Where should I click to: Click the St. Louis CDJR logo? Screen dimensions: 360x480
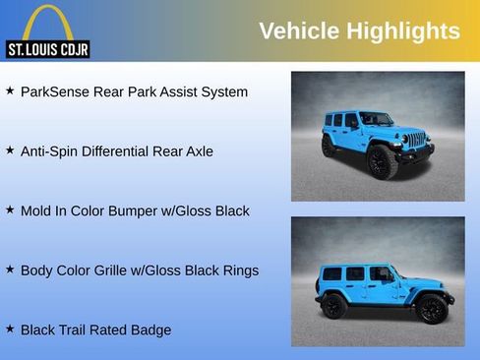(47, 31)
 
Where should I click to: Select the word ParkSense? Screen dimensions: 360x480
(56, 91)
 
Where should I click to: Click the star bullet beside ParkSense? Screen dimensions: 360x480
(10, 90)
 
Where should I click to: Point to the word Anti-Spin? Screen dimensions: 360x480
(50, 151)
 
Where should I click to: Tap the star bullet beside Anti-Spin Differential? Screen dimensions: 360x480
(10, 150)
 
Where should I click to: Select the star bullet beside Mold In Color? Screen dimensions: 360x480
(10, 210)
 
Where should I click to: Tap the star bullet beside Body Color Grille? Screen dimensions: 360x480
(10, 269)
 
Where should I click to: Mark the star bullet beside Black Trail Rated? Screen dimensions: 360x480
(10, 329)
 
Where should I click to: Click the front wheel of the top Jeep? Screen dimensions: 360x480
(382, 162)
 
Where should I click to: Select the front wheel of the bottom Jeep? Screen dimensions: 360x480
(431, 309)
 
